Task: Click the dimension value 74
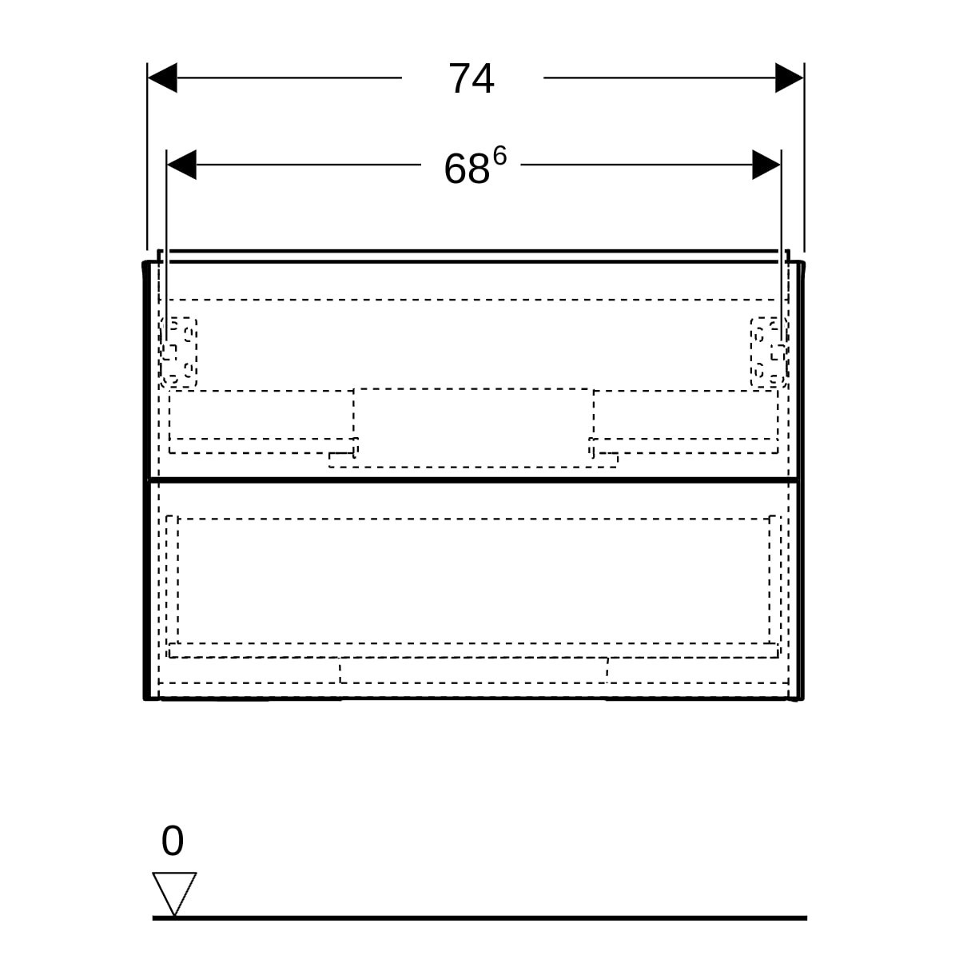[471, 78]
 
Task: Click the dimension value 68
[466, 169]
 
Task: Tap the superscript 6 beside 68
[499, 157]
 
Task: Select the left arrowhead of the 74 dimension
[163, 78]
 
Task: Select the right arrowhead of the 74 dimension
[790, 78]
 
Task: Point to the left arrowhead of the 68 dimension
[181, 165]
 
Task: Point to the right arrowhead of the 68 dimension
[766, 165]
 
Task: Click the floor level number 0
[173, 841]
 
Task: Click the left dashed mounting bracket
[179, 352]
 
